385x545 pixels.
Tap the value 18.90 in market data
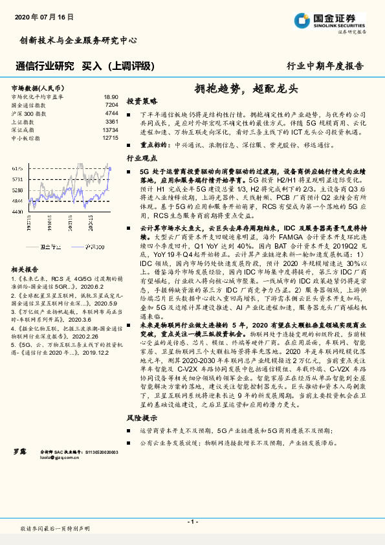[x=111, y=96]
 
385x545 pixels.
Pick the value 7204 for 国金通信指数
[x=111, y=104]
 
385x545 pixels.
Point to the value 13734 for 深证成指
[x=110, y=129]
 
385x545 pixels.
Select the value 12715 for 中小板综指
[x=110, y=138]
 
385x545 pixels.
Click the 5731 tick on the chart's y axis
[x=17, y=179]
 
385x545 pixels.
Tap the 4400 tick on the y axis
[x=17, y=212]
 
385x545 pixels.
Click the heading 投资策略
[x=141, y=102]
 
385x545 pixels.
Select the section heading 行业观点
[x=141, y=157]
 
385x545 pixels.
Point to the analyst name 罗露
[x=20, y=467]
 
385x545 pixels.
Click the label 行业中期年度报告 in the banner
[x=325, y=66]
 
